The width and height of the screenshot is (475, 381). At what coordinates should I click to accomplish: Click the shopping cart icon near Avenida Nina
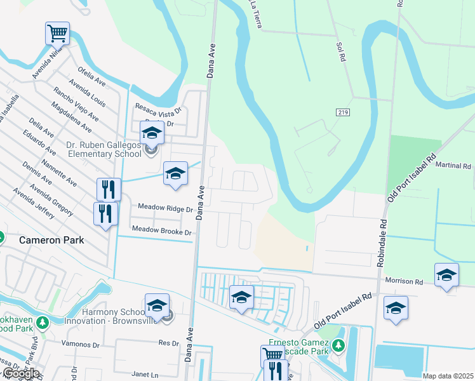57,32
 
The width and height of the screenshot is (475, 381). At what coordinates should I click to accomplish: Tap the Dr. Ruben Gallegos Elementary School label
103,149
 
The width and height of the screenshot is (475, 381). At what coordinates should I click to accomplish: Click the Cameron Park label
51,241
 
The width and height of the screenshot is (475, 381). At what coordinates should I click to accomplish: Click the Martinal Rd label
453,165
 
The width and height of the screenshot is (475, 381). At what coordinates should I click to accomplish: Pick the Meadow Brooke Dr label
161,232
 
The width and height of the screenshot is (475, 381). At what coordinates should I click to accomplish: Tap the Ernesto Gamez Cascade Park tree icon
338,345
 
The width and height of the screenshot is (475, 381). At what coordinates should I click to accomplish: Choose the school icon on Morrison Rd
446,274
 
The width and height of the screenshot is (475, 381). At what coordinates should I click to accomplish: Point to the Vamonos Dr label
81,345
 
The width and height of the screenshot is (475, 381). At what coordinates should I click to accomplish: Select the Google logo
20,373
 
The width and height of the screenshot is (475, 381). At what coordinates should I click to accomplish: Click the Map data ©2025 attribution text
448,376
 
